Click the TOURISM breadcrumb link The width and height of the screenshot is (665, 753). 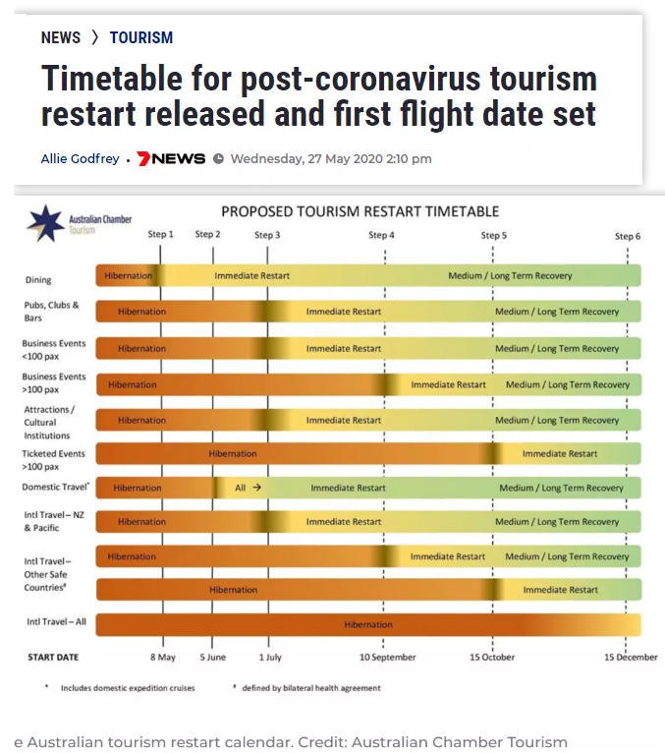pos(141,37)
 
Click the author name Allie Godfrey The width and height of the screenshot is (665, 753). pos(81,158)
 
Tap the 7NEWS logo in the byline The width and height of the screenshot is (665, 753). pos(171,158)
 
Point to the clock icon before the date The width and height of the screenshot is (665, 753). pos(218,158)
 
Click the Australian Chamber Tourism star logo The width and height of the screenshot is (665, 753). pos(45,223)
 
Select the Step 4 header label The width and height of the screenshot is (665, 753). pos(381,235)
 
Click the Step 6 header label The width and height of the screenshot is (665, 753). pos(628,236)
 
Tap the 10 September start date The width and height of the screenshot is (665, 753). pos(388,657)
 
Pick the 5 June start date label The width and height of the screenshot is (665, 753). pos(212,657)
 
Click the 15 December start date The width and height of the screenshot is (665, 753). pos(631,657)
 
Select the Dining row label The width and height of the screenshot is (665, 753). pos(38,280)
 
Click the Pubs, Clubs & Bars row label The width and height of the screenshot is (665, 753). pos(52,312)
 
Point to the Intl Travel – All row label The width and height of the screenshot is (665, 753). pos(56,622)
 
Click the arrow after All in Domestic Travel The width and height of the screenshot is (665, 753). pos(257,488)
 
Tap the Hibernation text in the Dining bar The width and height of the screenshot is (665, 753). pos(128,275)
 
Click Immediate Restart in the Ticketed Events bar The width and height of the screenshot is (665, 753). pos(560,454)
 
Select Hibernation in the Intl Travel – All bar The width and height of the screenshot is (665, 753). pos(368,625)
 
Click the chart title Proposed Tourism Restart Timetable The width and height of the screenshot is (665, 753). pos(360,211)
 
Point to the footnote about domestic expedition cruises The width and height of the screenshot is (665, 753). pos(128,688)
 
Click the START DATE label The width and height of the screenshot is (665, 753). pos(53,658)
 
